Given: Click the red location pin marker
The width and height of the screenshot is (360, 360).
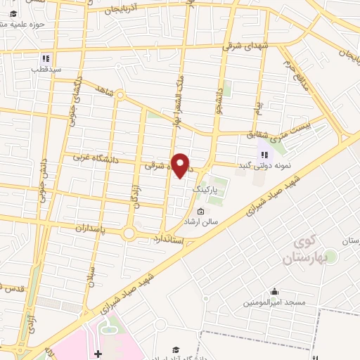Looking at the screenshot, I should pos(181,165).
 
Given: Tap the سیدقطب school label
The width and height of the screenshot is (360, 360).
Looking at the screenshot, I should pos(46,70).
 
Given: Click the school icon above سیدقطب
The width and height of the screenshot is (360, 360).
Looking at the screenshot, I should pos(46,59).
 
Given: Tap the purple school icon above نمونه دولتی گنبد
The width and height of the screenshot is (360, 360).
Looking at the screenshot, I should pos(264,154).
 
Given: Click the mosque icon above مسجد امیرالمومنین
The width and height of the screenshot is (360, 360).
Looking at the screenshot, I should pos(274,292).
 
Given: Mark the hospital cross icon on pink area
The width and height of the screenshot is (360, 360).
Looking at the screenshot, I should pos(98,353).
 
